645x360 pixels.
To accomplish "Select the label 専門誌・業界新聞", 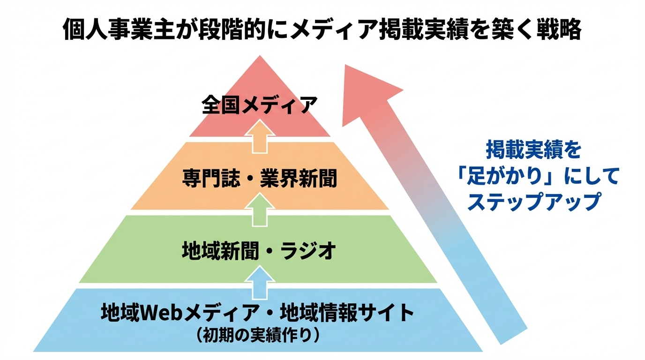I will point(259,179).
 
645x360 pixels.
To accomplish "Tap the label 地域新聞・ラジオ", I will point(259,251).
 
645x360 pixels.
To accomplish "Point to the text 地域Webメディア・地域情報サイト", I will point(257,313).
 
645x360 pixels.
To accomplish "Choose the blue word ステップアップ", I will point(534,202).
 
